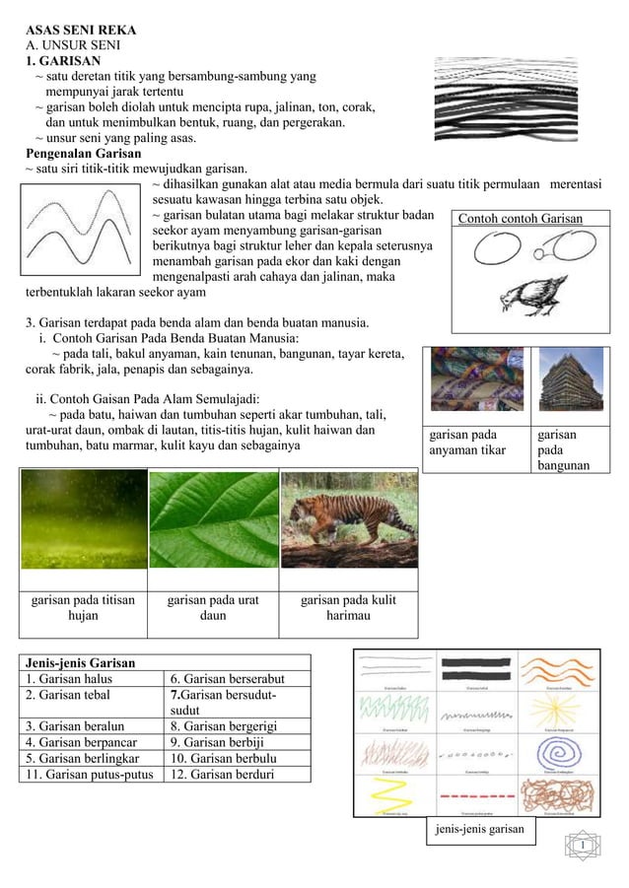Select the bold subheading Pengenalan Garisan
(x=83, y=154)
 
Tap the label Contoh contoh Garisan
(x=521, y=219)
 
